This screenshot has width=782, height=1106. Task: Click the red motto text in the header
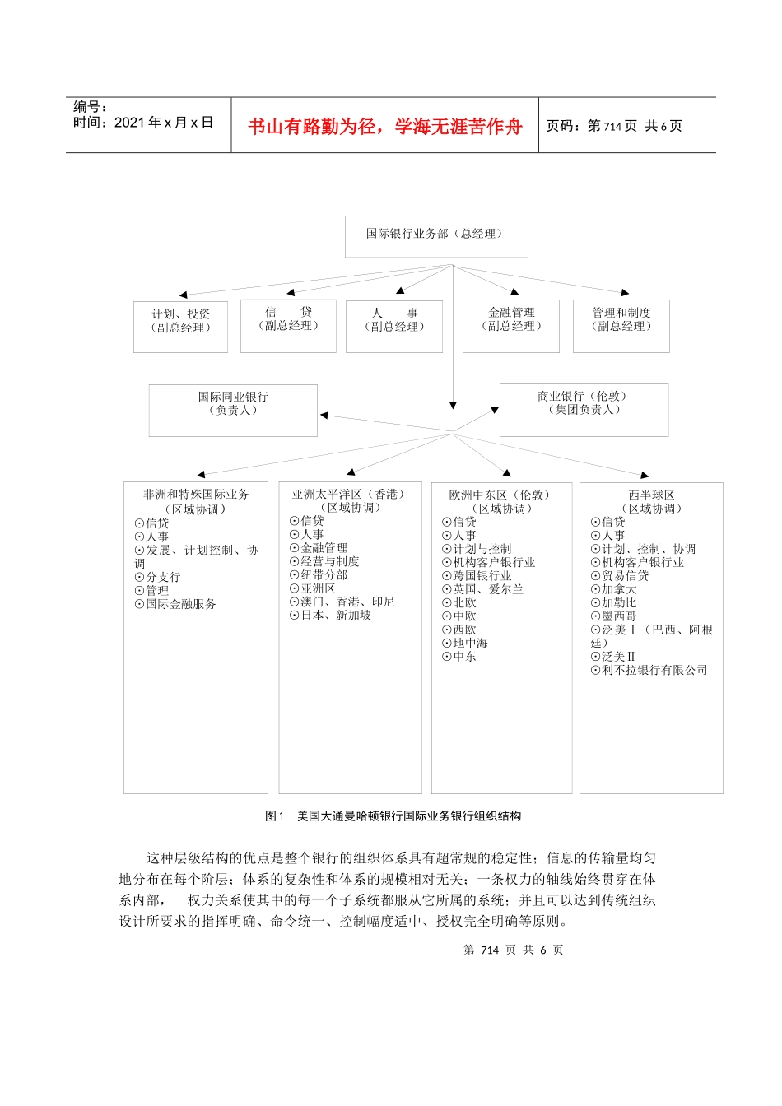(385, 127)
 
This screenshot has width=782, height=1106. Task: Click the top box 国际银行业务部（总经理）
(435, 235)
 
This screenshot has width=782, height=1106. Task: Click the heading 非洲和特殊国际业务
(196, 495)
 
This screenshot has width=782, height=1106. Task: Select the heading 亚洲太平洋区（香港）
(349, 495)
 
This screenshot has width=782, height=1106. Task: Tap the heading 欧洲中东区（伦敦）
(500, 495)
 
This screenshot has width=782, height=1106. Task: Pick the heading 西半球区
(651, 495)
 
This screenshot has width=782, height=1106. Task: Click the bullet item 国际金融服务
(181, 604)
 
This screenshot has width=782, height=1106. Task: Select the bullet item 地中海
(470, 644)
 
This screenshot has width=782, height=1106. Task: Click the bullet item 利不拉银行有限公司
(654, 671)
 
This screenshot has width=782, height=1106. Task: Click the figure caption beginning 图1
(393, 816)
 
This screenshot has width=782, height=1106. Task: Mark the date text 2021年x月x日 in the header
(164, 123)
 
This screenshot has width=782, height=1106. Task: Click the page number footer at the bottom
(513, 950)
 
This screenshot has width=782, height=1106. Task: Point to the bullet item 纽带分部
(324, 575)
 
